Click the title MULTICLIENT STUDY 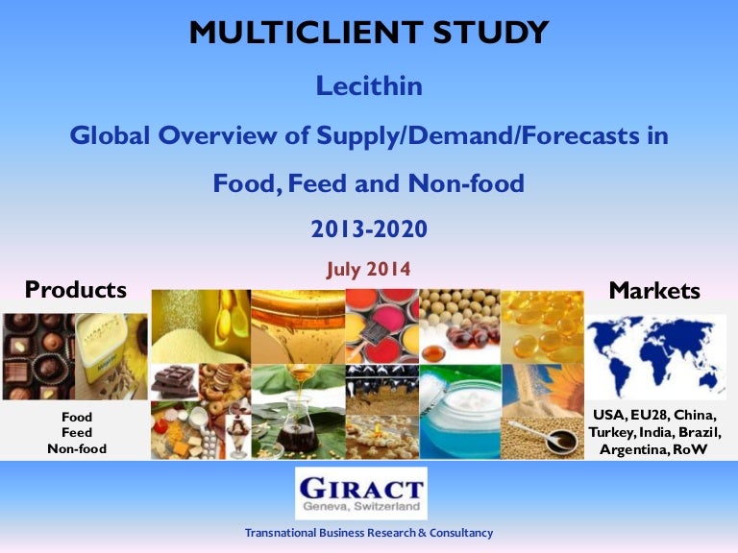click(x=369, y=33)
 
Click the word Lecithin click(x=369, y=87)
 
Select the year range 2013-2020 click(x=369, y=229)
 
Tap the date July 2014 click(x=369, y=270)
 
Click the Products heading click(x=75, y=289)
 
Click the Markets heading click(x=655, y=290)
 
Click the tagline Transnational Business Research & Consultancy click(x=369, y=532)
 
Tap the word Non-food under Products click(x=77, y=448)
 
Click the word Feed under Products click(x=77, y=433)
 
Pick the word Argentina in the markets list click(x=634, y=448)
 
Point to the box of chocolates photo click(x=38, y=355)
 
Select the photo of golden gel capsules click(x=543, y=326)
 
